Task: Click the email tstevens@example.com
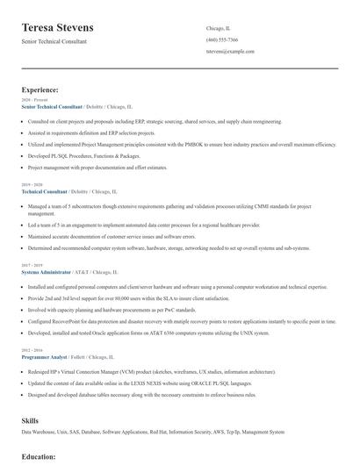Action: point(230,52)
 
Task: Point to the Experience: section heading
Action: point(40,89)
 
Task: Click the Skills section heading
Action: point(30,421)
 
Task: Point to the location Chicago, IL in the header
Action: point(219,29)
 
